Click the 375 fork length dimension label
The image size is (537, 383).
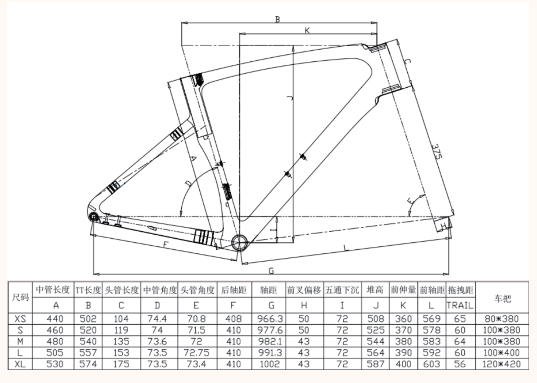click(x=437, y=152)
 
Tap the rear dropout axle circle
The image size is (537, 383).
click(x=94, y=217)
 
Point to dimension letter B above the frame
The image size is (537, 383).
click(x=277, y=20)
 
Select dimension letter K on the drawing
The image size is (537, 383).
click(x=307, y=31)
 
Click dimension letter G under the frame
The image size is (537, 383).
click(x=271, y=271)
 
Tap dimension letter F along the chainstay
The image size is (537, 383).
click(x=165, y=245)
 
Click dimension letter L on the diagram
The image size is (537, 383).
click(x=346, y=248)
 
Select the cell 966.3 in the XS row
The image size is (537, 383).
click(x=270, y=319)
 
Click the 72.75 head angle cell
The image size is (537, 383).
click(x=196, y=353)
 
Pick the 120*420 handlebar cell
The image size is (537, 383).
click(x=501, y=364)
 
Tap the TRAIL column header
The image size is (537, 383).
click(x=460, y=306)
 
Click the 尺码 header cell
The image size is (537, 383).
click(x=20, y=297)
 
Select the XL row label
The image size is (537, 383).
click(x=20, y=364)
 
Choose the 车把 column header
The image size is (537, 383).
click(x=502, y=298)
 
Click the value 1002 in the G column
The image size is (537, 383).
click(x=269, y=364)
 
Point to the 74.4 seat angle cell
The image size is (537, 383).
click(x=157, y=319)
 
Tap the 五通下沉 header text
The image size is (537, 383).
click(x=342, y=290)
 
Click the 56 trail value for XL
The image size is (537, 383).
click(x=460, y=364)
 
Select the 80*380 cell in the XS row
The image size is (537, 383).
click(x=501, y=319)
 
